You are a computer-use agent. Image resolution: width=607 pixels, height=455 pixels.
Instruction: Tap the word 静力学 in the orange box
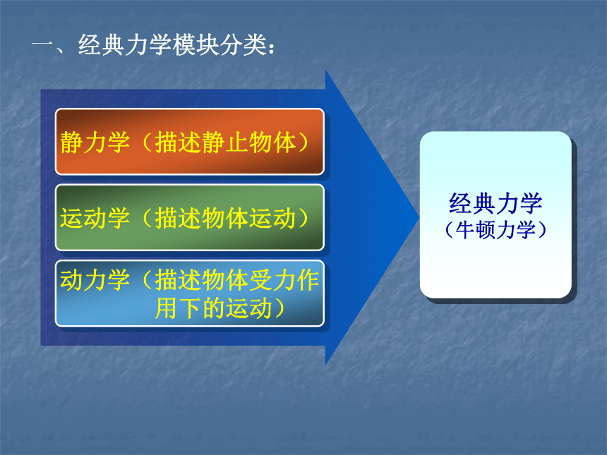(x=95, y=142)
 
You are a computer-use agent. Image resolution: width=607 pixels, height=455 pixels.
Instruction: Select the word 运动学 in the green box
(x=95, y=218)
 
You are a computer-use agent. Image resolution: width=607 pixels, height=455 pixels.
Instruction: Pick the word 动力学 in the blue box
(x=95, y=280)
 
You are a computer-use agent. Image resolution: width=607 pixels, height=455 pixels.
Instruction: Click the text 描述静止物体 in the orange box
(x=225, y=142)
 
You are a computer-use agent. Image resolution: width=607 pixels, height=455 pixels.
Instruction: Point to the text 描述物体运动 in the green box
(x=225, y=218)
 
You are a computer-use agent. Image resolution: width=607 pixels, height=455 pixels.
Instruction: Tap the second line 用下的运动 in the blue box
(x=213, y=308)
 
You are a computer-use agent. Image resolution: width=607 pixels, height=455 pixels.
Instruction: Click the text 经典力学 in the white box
(x=495, y=203)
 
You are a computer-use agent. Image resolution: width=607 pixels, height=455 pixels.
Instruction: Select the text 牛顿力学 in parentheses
(x=495, y=230)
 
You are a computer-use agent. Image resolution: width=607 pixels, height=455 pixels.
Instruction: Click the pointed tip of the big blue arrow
(x=420, y=217)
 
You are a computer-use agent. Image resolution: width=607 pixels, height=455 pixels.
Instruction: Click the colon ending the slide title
(x=271, y=47)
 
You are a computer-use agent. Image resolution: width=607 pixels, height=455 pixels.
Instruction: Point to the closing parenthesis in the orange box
(x=303, y=142)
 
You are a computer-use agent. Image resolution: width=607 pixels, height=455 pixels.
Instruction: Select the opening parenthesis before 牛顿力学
(x=449, y=230)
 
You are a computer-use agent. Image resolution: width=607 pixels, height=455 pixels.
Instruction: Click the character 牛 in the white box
(x=465, y=230)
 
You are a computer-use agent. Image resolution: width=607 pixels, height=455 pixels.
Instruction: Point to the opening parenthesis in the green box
(x=147, y=218)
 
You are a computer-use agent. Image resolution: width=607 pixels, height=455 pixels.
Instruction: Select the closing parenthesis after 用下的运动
(x=280, y=308)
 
